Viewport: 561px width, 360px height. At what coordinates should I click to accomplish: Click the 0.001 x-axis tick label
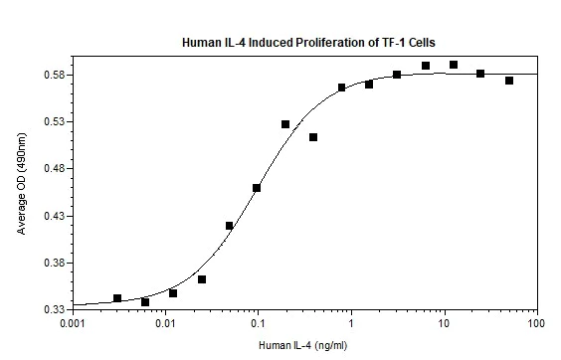(73, 324)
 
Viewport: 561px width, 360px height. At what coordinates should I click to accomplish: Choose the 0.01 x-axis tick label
(165, 324)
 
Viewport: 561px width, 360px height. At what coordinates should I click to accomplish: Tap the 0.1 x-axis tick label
(258, 324)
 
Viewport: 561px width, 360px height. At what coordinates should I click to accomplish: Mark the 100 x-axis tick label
(536, 324)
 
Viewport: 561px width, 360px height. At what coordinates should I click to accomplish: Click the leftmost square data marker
(117, 298)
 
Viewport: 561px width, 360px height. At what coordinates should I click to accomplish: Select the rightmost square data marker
(509, 81)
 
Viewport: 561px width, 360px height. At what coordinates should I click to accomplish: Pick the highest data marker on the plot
(454, 65)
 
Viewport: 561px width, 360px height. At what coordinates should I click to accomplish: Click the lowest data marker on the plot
(145, 302)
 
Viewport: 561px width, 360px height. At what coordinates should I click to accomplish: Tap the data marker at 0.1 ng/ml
(257, 188)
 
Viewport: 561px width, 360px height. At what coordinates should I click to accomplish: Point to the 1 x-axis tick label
(351, 324)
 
